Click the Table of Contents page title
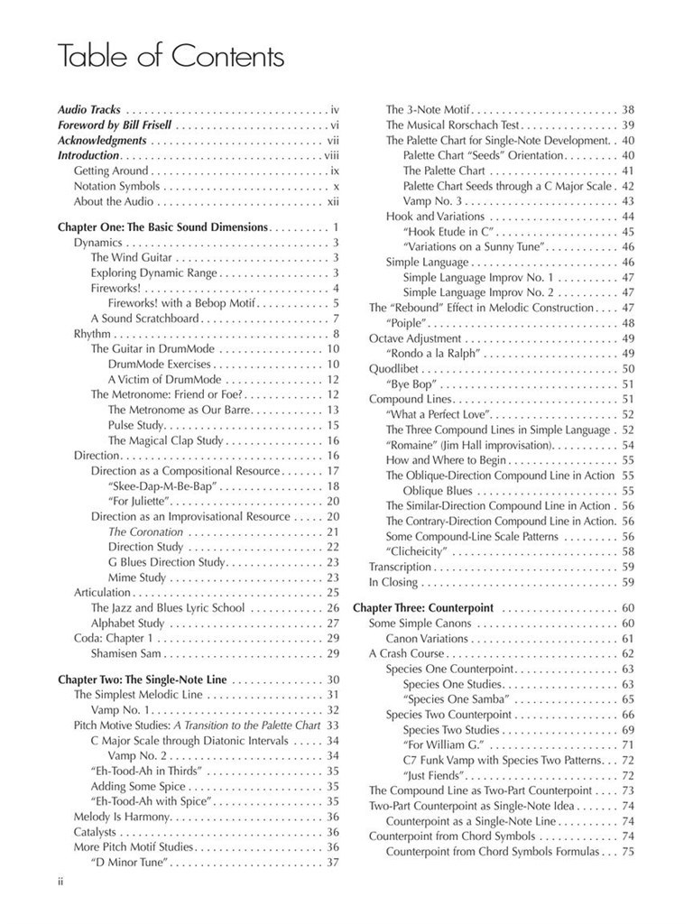[x=171, y=57]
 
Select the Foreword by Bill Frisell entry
[x=115, y=125]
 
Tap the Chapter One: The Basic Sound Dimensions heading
[x=162, y=227]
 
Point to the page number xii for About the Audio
[x=332, y=201]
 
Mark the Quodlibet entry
[x=394, y=368]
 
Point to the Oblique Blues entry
[x=438, y=491]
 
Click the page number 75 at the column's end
[x=628, y=851]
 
